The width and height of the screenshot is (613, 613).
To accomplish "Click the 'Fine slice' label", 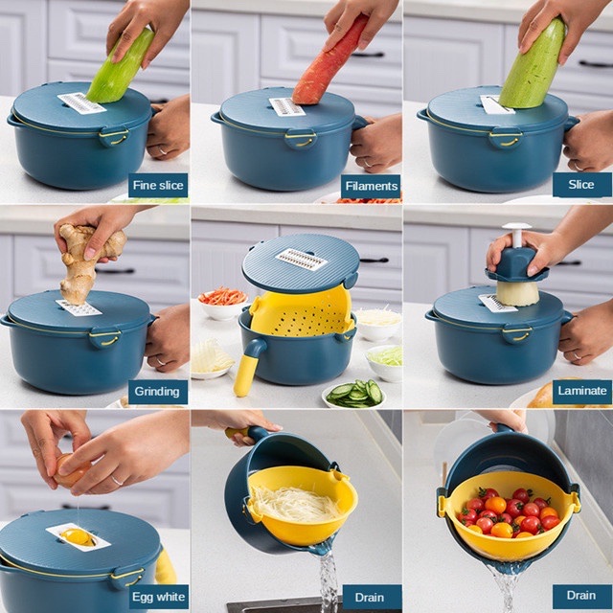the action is (158, 185).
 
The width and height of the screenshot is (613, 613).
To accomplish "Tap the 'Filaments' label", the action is (371, 186).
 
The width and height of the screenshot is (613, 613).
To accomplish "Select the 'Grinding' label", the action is (157, 392).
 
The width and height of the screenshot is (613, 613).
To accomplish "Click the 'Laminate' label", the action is (582, 391).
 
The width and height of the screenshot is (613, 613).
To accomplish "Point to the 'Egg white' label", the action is (158, 597).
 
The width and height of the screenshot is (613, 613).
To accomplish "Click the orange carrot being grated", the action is (328, 63).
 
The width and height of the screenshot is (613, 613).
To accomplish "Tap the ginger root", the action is (88, 261).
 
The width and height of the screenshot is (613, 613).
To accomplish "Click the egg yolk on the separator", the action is (78, 536).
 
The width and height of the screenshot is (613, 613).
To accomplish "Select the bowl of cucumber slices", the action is (354, 394).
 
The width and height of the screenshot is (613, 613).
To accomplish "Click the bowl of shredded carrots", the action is (222, 303).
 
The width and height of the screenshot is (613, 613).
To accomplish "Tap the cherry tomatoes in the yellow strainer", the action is (509, 513).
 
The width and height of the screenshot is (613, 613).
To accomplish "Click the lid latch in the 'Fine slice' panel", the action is (114, 136).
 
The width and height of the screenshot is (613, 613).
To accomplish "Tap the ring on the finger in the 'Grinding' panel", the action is (161, 360).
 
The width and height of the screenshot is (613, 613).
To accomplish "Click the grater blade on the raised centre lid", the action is (301, 259).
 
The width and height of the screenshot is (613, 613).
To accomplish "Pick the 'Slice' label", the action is (581, 185).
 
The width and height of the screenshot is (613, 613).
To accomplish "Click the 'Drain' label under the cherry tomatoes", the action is (581, 596).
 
